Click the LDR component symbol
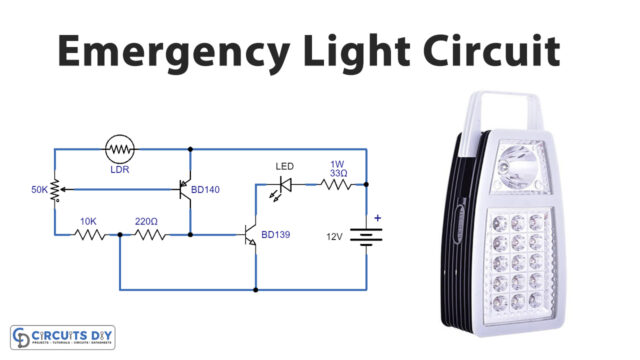(121, 149)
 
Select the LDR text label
(121, 170)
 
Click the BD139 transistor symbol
(250, 235)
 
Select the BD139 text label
(277, 236)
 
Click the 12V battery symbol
(369, 238)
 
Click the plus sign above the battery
(378, 217)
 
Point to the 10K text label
(89, 220)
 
